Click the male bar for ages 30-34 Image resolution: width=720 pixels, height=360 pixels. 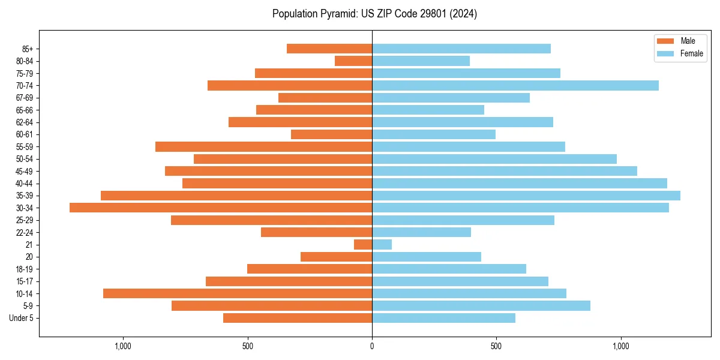(x=221, y=208)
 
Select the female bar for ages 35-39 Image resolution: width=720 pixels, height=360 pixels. (x=526, y=196)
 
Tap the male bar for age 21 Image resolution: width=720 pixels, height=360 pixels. (x=363, y=245)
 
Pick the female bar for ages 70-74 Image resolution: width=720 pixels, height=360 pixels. (x=515, y=86)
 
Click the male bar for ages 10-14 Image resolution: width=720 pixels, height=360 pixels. (x=238, y=293)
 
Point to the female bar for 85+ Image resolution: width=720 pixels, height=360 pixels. (x=461, y=49)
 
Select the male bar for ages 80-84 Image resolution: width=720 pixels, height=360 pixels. (x=353, y=61)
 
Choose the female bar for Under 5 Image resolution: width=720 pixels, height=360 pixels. (x=443, y=318)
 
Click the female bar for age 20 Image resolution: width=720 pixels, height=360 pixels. (x=427, y=257)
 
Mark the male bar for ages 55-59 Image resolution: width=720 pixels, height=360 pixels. (x=263, y=147)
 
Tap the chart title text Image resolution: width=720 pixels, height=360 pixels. (x=374, y=14)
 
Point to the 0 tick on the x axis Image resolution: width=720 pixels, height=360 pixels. (x=372, y=346)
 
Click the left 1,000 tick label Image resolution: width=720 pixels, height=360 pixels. (x=123, y=346)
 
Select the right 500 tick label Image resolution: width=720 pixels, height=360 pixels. (x=496, y=346)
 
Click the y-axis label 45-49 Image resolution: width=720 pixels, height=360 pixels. (x=25, y=171)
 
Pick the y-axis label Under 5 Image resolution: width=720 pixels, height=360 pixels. (x=21, y=318)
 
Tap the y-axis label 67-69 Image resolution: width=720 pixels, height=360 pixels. (x=25, y=98)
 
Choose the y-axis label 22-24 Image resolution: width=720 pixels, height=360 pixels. (x=25, y=232)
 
